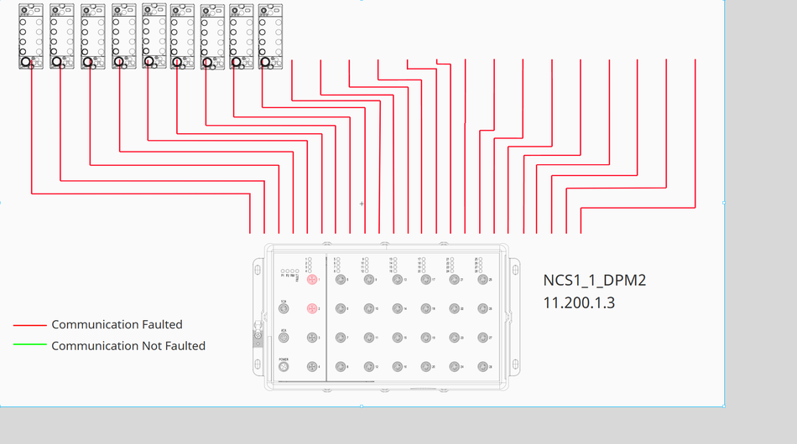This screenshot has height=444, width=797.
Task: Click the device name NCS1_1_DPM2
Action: pos(595,280)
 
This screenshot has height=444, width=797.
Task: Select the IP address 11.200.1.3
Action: pos(579,302)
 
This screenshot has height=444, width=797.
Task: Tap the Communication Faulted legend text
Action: pos(117,324)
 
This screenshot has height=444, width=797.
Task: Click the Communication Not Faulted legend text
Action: pos(128,345)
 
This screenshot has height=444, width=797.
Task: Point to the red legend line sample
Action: pos(29,325)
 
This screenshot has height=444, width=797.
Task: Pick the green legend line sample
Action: pos(29,346)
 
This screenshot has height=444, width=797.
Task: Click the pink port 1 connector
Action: pos(312,280)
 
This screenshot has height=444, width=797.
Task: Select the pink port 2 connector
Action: pos(312,309)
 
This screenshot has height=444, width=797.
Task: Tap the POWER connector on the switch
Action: pos(284,367)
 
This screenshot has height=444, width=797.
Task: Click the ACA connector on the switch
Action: pos(284,338)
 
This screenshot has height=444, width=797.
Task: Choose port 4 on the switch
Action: pos(312,367)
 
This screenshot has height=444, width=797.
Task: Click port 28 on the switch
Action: pos(482,367)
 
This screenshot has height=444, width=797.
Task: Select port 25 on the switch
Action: pos(482,280)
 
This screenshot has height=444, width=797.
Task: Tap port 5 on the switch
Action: pos(341,280)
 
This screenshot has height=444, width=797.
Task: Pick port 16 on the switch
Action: pos(397,367)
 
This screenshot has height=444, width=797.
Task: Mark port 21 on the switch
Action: pos(454,280)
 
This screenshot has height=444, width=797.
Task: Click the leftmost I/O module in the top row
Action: pos(31,36)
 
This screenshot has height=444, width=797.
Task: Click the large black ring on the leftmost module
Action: pos(26,61)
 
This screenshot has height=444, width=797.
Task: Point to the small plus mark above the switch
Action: pos(362,204)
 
